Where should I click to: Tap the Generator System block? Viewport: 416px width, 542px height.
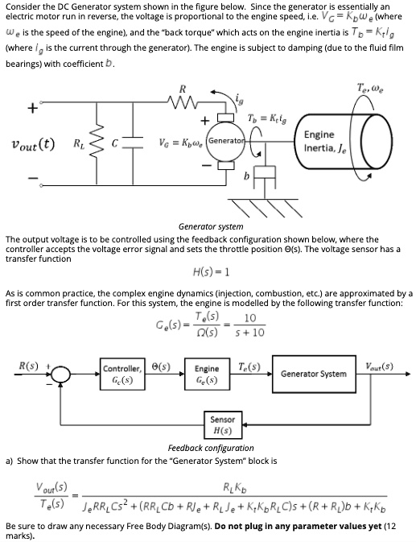[313, 374]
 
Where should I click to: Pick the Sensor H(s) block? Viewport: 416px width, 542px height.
[223, 424]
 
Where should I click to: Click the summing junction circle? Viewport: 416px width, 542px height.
[60, 374]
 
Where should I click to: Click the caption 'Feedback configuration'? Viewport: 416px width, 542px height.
[210, 448]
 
